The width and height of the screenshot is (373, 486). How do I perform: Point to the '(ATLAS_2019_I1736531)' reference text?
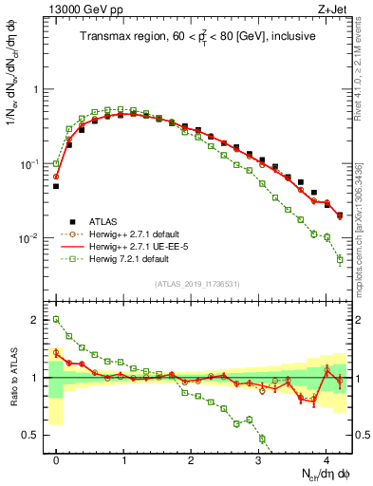coord(196,284)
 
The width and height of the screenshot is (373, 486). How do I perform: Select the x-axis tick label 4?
coord(326,458)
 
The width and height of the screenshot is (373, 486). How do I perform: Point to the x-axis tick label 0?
coord(56,458)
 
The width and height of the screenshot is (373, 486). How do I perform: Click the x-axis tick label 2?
coord(191,458)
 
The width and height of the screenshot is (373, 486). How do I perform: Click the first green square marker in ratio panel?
coord(56,320)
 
